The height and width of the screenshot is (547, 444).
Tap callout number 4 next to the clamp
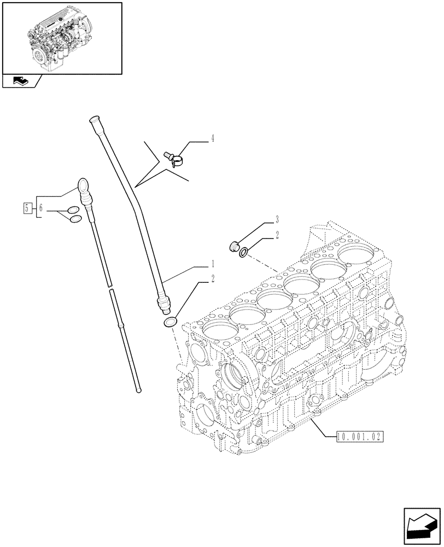212,138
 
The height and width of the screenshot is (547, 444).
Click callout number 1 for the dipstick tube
213,264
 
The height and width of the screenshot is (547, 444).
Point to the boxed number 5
26,207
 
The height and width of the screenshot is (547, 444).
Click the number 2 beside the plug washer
277,235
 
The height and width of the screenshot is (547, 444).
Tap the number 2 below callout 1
213,279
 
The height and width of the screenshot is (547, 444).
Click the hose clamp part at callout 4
174,158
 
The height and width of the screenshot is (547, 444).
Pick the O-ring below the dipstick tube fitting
170,323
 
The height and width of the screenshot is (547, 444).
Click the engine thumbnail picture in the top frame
61,37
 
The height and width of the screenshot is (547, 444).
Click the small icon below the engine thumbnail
20,82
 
